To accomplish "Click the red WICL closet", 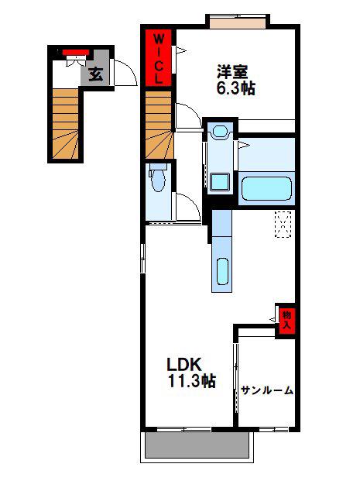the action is pyautogui.click(x=158, y=57).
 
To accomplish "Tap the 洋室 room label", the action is pyautogui.click(x=232, y=73).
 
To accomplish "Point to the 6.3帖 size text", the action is pyautogui.click(x=236, y=88).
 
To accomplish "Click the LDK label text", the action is pyautogui.click(x=184, y=365).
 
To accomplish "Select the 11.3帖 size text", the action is pyautogui.click(x=192, y=381).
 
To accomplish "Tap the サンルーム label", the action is pyautogui.click(x=267, y=390).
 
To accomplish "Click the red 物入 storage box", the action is pyautogui.click(x=287, y=321).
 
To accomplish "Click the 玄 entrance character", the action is pyautogui.click(x=96, y=74).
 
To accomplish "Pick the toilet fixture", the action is pyautogui.click(x=158, y=177).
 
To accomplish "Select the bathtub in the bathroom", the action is pyautogui.click(x=267, y=188).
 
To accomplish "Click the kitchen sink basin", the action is pyautogui.click(x=222, y=271).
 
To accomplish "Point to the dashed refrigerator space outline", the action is pyautogui.click(x=283, y=225).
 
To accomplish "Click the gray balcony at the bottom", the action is pyautogui.click(x=197, y=445).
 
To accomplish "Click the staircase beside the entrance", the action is pyautogui.click(x=65, y=124).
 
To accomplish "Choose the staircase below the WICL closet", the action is pyautogui.click(x=158, y=125).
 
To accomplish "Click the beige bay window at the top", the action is pyautogui.click(x=238, y=23).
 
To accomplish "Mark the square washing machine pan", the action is pyautogui.click(x=220, y=181).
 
